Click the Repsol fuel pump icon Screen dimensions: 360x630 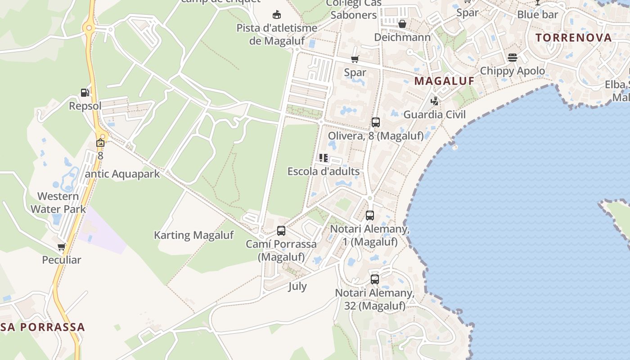tap(85, 93)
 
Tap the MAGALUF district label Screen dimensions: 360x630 tap(444, 81)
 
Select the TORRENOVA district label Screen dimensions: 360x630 tap(574, 37)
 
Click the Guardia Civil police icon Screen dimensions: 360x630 tap(434, 101)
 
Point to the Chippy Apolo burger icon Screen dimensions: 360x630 tap(513, 58)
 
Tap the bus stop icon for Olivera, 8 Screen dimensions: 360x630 tap(376, 122)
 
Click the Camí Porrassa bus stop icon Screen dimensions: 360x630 tap(281, 231)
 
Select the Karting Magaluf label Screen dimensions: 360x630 tap(194, 235)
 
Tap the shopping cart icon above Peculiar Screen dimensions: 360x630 tap(61, 247)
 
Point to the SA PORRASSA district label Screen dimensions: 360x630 tap(43, 327)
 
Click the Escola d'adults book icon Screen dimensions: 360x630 tap(324, 158)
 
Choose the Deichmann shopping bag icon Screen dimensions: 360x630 tap(402, 24)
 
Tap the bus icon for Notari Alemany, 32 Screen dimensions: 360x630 tap(375, 279)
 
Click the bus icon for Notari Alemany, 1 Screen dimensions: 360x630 tap(370, 216)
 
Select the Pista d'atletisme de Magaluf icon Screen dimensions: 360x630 tap(277, 15)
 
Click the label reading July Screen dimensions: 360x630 tap(297, 286)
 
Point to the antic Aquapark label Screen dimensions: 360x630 tap(122, 174)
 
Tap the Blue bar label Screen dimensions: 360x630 tap(537, 14)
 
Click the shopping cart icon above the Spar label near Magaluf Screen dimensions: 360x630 tap(355, 59)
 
